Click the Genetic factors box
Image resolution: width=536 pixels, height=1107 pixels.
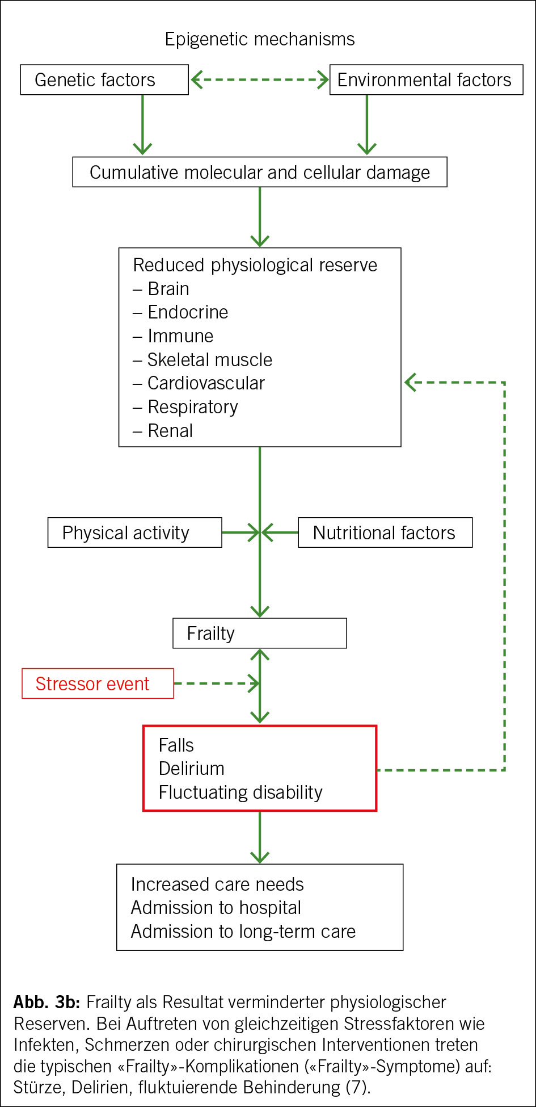[104, 79]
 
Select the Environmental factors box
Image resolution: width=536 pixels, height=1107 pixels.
[426, 79]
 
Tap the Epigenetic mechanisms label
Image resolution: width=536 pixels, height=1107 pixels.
[260, 39]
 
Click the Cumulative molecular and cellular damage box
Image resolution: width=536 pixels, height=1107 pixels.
[260, 172]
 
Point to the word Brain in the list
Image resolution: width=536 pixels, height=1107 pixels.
[168, 289]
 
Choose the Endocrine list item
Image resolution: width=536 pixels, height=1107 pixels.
[188, 312]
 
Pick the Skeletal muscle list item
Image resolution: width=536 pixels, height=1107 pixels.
[210, 360]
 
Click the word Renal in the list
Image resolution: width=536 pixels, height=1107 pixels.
[170, 431]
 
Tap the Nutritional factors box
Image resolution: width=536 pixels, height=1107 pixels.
[385, 532]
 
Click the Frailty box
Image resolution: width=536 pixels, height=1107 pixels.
[260, 633]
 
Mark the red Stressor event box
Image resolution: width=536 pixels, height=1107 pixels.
[98, 684]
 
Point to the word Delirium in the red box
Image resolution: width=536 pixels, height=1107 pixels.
[192, 769]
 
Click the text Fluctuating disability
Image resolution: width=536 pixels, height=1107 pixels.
[240, 792]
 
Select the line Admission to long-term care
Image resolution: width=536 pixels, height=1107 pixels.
[243, 932]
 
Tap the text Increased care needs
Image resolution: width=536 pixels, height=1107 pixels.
[217, 884]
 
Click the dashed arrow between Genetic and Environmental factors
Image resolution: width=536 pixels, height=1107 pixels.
[260, 79]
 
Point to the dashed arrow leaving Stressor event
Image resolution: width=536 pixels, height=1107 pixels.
[216, 684]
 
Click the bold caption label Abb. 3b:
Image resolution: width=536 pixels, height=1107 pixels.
[47, 1002]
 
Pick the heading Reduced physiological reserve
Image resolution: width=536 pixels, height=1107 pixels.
[255, 265]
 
